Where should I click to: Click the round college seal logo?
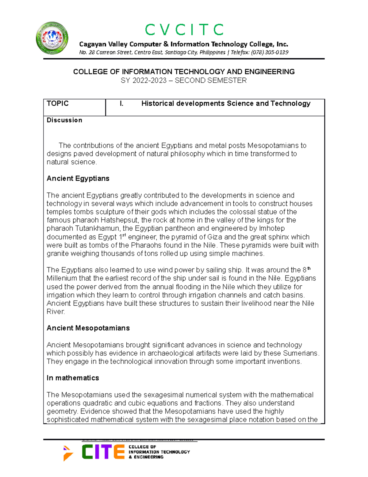(x=52, y=38)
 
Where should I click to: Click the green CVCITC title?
(x=184, y=30)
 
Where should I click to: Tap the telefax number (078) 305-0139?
(x=270, y=52)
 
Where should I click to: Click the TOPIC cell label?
(x=58, y=104)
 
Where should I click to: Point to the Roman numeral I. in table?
(x=122, y=104)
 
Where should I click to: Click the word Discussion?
(x=64, y=120)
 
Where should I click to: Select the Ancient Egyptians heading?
(x=78, y=178)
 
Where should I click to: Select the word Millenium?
(x=62, y=278)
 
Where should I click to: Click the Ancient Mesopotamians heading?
(x=88, y=328)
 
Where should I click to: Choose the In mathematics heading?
(x=73, y=378)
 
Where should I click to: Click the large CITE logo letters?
(x=103, y=452)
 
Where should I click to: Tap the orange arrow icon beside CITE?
(x=68, y=453)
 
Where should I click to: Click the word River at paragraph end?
(x=55, y=312)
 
